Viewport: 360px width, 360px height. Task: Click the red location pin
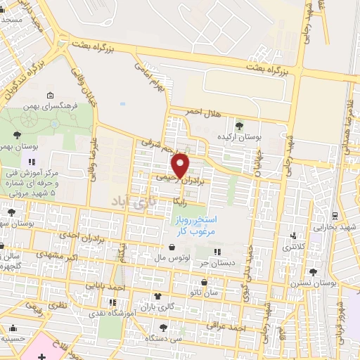click(x=181, y=165)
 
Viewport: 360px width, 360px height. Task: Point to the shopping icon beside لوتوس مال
click(x=174, y=247)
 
